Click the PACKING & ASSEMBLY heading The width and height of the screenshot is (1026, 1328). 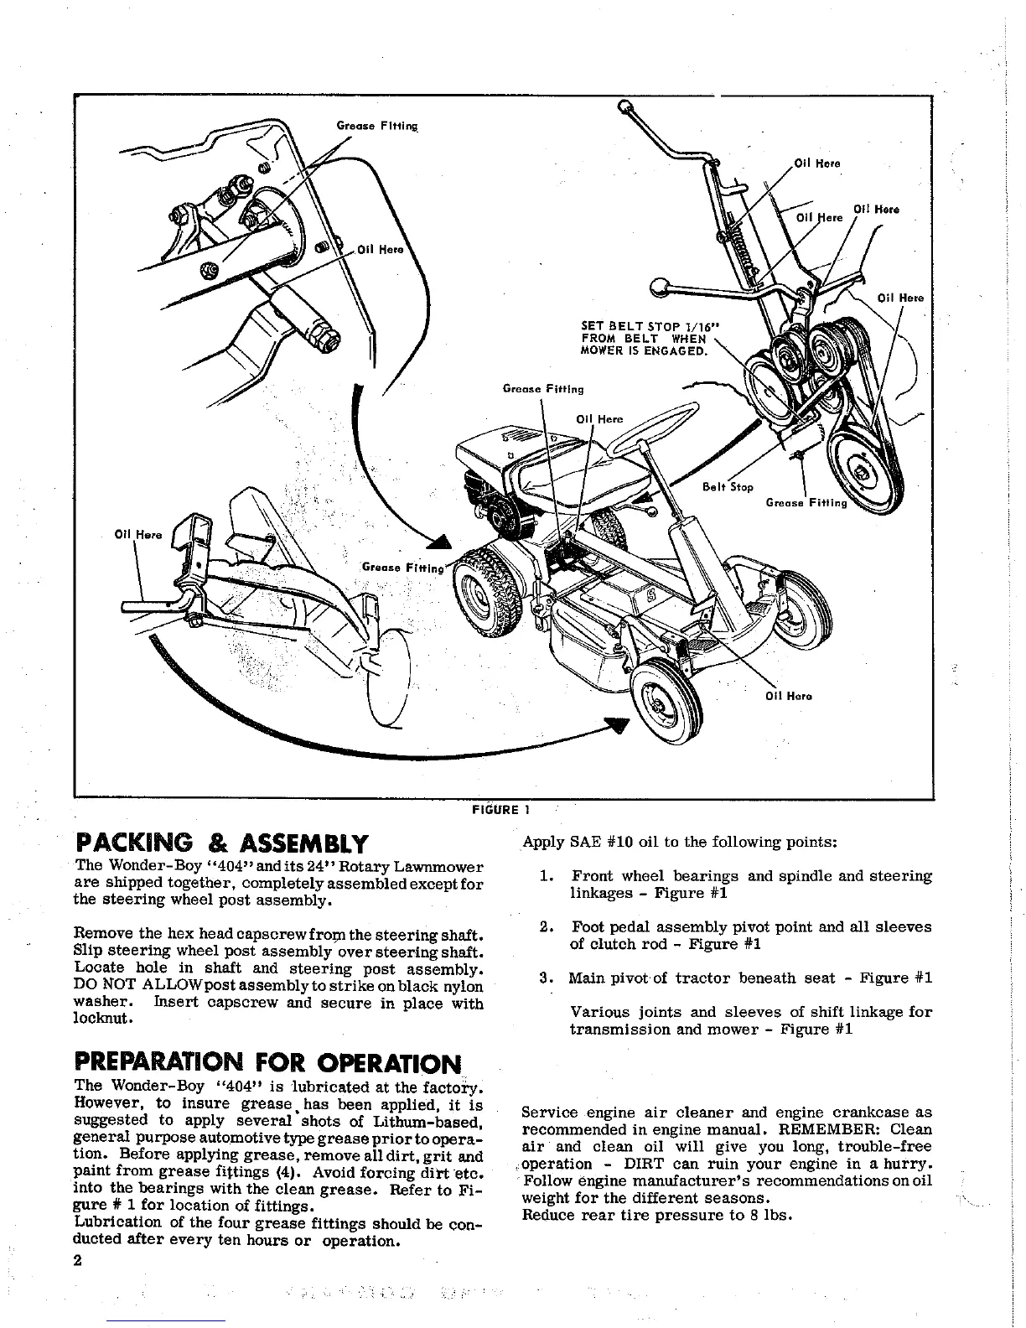click(x=221, y=843)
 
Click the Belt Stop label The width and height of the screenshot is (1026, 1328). click(x=728, y=487)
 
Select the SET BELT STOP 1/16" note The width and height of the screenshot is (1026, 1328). click(x=650, y=338)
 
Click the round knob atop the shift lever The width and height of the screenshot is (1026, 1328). click(x=624, y=106)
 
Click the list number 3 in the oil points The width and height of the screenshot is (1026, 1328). click(x=546, y=978)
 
